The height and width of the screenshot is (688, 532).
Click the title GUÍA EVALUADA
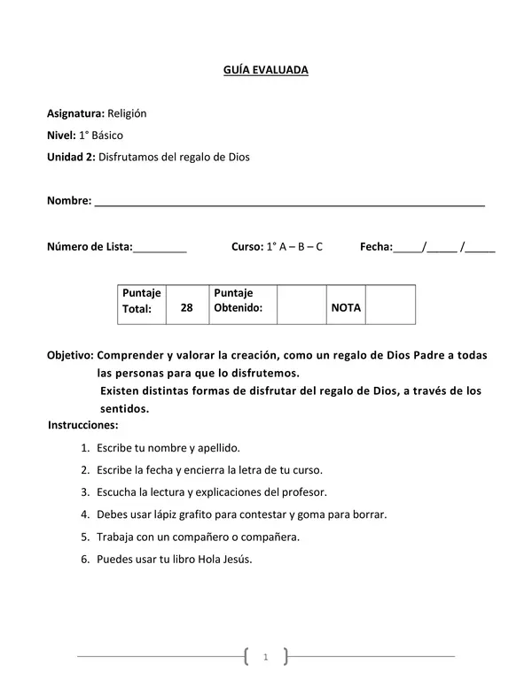click(x=266, y=68)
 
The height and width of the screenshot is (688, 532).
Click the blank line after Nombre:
click(x=289, y=203)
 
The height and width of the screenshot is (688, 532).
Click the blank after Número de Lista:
click(x=160, y=248)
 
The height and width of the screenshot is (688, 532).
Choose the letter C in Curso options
click(x=318, y=247)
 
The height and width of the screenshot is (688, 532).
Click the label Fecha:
click(x=376, y=247)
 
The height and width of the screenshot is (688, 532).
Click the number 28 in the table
click(x=186, y=308)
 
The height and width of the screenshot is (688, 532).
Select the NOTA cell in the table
click(x=346, y=308)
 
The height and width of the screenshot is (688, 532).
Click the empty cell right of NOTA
click(x=390, y=305)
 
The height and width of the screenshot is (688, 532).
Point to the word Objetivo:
click(x=70, y=355)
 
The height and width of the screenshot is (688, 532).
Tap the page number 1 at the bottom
click(x=266, y=657)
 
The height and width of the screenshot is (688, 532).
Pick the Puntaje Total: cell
click(x=142, y=301)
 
